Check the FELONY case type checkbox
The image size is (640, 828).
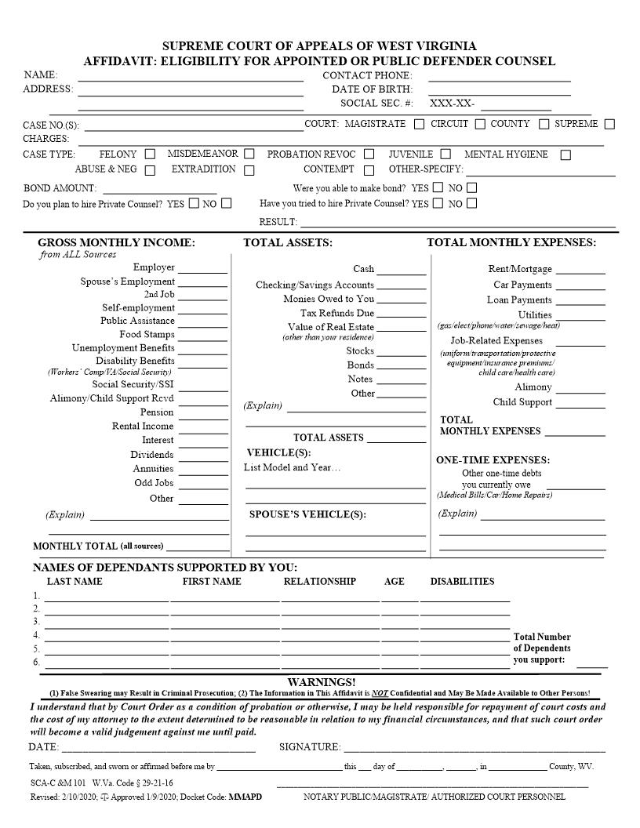(x=150, y=154)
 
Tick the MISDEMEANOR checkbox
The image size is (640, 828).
(x=249, y=154)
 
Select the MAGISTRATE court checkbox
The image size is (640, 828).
(x=420, y=124)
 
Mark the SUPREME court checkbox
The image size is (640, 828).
(x=609, y=124)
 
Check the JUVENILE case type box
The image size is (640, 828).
(x=445, y=154)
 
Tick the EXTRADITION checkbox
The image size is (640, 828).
(x=249, y=169)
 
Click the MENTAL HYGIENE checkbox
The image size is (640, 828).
(x=565, y=155)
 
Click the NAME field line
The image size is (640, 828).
(x=190, y=79)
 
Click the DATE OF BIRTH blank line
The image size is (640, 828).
(x=499, y=94)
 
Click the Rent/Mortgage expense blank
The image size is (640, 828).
(x=580, y=272)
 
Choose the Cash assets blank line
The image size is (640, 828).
(x=402, y=274)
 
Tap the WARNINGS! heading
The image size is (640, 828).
(x=321, y=682)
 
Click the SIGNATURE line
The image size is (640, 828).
(x=474, y=750)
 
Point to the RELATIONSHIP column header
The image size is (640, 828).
(x=319, y=582)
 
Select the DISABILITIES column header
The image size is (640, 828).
(x=462, y=582)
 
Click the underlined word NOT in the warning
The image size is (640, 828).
(x=380, y=694)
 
